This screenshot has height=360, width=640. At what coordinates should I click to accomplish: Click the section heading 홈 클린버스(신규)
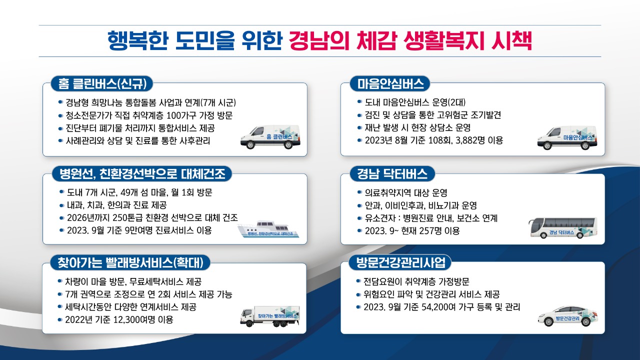point(102,83)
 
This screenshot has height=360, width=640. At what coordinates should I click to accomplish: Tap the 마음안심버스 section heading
point(390,83)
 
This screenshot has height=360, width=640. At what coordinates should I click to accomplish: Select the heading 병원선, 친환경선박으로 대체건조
point(142,173)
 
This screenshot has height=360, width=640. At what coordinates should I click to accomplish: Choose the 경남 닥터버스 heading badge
point(392,173)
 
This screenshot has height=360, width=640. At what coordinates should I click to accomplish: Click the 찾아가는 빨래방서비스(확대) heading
point(130,262)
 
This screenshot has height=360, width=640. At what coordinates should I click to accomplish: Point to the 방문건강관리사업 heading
point(400,262)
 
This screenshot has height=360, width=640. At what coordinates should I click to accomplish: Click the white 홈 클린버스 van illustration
point(270,137)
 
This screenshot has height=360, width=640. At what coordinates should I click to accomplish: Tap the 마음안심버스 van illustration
point(567,137)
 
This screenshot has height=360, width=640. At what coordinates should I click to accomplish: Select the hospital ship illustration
point(268,229)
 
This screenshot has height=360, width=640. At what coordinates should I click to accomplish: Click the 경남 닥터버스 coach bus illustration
point(563,227)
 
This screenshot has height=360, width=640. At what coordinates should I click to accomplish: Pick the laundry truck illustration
point(270,316)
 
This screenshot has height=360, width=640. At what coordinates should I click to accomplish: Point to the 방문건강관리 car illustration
point(567,316)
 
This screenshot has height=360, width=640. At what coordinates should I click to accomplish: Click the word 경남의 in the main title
point(319,41)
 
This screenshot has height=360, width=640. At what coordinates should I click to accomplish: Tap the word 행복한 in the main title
point(137,41)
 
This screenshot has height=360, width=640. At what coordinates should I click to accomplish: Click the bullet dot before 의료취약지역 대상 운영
point(359,192)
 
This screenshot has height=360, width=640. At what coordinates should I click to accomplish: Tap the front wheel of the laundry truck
point(249,323)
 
